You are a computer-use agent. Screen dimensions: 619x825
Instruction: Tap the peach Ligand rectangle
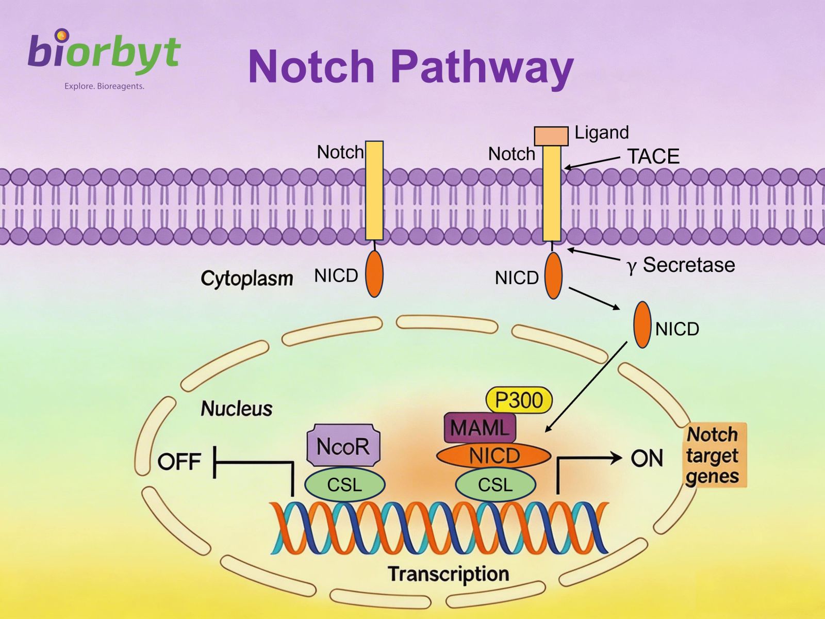(x=551, y=136)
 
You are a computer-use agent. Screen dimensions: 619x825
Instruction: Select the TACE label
(x=653, y=156)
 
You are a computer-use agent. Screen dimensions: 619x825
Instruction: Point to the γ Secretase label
(x=681, y=265)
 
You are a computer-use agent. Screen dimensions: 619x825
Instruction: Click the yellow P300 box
(x=519, y=400)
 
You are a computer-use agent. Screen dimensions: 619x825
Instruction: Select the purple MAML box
(x=480, y=428)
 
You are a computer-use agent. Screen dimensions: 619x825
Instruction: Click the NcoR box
(x=343, y=446)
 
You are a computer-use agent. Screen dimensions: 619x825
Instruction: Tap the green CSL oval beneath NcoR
(x=344, y=485)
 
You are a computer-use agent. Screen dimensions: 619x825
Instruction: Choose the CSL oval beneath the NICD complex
(x=496, y=485)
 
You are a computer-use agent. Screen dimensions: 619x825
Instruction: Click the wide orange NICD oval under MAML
(x=493, y=456)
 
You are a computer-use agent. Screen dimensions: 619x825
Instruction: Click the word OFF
(x=179, y=462)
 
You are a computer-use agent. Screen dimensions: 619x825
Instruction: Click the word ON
(x=647, y=458)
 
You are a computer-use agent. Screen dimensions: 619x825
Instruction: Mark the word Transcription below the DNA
(x=448, y=574)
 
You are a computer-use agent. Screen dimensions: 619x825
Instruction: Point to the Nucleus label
(x=236, y=409)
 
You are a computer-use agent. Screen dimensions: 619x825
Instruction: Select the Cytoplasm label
(x=246, y=278)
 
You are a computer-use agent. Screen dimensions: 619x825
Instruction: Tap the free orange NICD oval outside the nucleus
(x=642, y=325)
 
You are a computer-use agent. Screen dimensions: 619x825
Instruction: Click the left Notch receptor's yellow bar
(x=374, y=191)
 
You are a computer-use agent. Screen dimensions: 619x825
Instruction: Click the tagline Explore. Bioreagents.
(x=104, y=86)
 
